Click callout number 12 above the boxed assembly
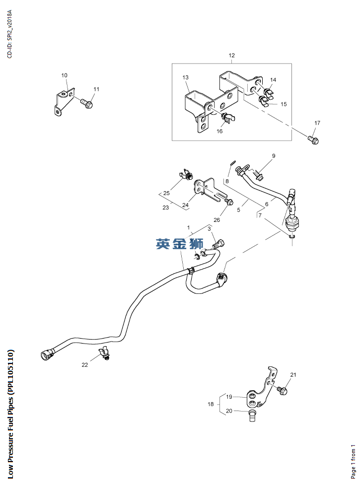pyautogui.click(x=231, y=56)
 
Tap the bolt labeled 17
pyautogui.click(x=313, y=139)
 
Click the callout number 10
pyautogui.click(x=65, y=75)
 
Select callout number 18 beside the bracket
pyautogui.click(x=211, y=405)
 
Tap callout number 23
pyautogui.click(x=165, y=208)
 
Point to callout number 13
pyautogui.click(x=185, y=78)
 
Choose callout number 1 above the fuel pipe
pyautogui.click(x=189, y=227)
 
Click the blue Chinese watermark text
pyautogui.click(x=179, y=244)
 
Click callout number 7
pyautogui.click(x=259, y=215)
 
